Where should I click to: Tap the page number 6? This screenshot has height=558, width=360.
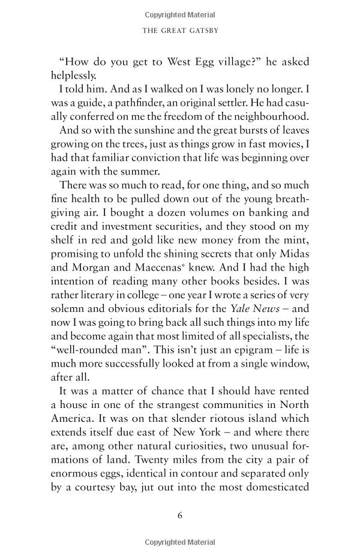tap(180, 515)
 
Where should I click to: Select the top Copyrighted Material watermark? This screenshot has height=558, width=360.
tap(180, 14)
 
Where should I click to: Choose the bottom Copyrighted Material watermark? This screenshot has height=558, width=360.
tap(180, 544)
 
